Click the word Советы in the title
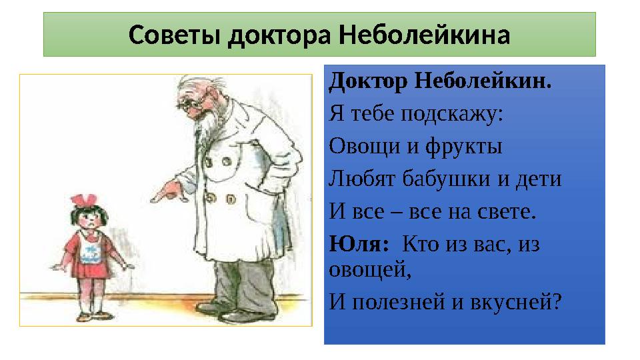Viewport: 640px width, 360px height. (175, 34)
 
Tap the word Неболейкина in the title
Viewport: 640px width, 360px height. (424, 34)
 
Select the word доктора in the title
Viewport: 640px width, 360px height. (281, 34)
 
